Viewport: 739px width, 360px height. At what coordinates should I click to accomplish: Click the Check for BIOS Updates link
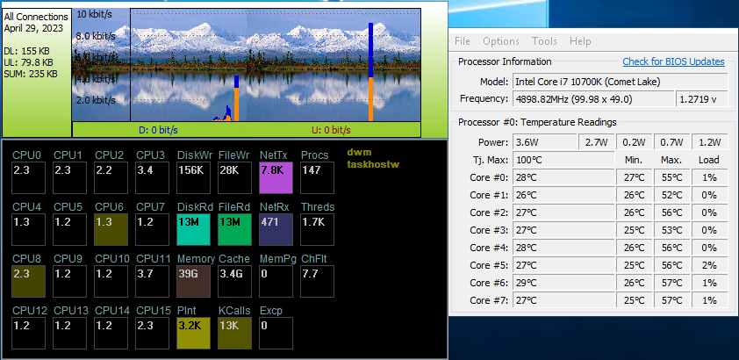[673, 61]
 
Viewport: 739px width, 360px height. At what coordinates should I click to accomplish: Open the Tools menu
[544, 41]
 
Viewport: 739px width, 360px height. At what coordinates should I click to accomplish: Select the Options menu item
[501, 41]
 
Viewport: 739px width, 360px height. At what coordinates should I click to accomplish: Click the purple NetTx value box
[276, 178]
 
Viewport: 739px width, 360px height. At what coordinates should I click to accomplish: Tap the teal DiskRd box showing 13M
[193, 229]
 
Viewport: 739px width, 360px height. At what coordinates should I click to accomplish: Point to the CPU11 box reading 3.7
[152, 281]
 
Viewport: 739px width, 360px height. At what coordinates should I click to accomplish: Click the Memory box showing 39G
[193, 281]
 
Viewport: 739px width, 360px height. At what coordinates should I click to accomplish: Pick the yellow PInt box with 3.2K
[193, 333]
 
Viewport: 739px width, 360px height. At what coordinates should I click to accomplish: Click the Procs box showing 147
[317, 178]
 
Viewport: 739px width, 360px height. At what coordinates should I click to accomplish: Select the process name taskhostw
[373, 164]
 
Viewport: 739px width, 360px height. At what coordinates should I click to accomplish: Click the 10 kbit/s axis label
[94, 14]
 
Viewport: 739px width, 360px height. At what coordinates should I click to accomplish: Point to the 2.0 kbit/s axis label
[96, 100]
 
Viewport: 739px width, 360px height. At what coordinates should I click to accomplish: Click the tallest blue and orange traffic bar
[371, 72]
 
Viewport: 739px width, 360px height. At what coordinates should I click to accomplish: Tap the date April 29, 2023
[33, 28]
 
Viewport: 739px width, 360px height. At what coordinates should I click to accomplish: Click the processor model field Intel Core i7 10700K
[588, 82]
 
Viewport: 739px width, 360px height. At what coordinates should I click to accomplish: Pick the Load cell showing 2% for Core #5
[709, 265]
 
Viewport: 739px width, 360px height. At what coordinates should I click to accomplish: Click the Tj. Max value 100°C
[529, 160]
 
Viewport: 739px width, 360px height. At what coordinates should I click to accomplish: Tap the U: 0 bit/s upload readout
[331, 130]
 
